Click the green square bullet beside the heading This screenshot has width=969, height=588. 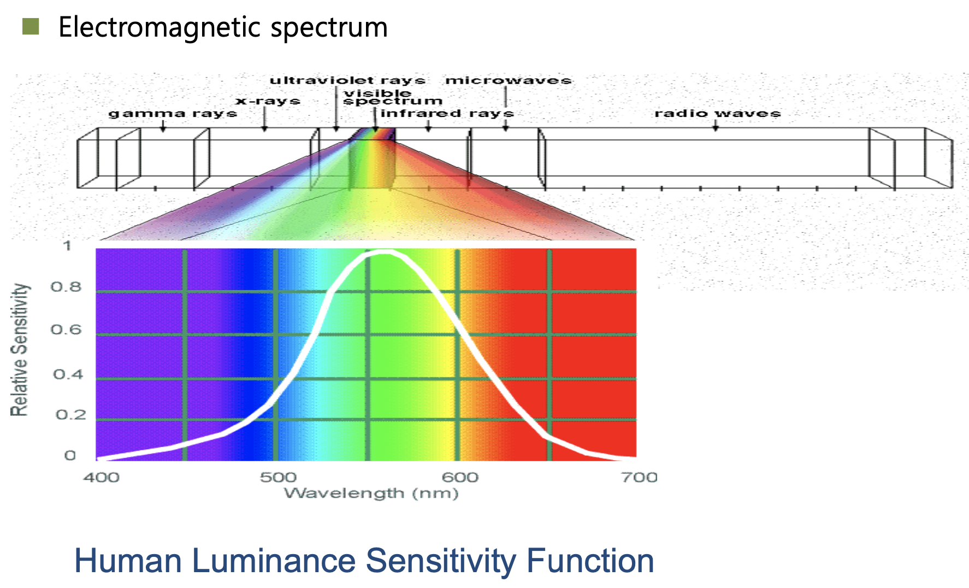(31, 26)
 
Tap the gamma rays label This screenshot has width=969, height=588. (173, 114)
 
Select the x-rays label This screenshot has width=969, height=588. (268, 101)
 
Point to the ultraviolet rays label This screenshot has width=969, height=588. (347, 81)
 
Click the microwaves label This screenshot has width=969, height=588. (509, 81)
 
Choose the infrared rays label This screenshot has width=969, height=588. (447, 114)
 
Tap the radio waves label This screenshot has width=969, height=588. (717, 114)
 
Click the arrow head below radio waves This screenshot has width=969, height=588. (716, 128)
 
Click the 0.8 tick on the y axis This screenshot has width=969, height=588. (66, 287)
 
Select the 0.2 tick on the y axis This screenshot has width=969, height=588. (70, 415)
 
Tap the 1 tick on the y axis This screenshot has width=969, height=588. (67, 246)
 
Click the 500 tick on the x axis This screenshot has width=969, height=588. (278, 478)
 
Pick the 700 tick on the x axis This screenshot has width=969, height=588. (639, 478)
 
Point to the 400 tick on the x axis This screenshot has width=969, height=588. (101, 478)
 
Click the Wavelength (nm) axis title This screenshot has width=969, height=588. (371, 494)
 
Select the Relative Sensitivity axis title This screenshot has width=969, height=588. (20, 350)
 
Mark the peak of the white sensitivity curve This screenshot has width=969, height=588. (385, 252)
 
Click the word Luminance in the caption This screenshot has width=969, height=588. (273, 561)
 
